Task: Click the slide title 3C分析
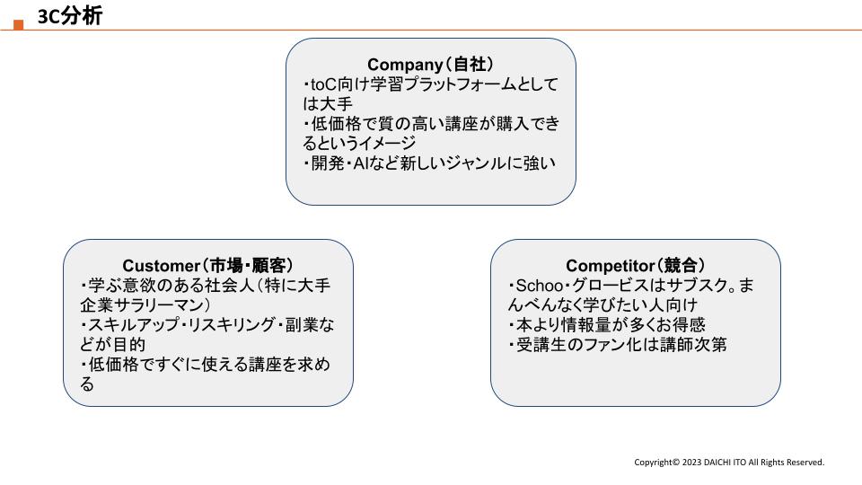[70, 16]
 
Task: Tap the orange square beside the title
[19, 25]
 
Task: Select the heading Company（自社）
[430, 65]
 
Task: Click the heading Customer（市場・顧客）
[207, 266]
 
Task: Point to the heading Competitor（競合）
[636, 266]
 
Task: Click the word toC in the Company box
[324, 84]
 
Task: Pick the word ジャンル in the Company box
[476, 163]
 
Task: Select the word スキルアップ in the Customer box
[134, 325]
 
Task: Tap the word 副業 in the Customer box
[302, 325]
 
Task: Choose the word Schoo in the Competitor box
[540, 286]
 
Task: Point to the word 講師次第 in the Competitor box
[693, 345]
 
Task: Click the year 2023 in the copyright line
[691, 463]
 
